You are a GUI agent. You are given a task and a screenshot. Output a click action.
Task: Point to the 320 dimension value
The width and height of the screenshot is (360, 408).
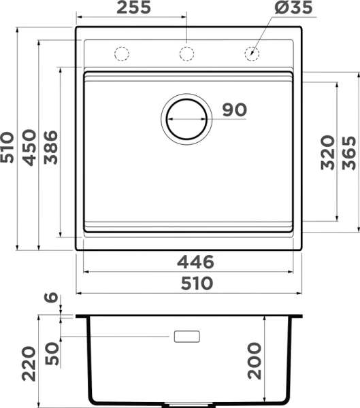coord(327,152)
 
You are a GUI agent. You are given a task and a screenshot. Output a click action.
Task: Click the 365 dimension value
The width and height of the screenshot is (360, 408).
coord(349,152)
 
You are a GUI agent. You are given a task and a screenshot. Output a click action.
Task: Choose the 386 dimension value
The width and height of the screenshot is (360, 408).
coord(52,147)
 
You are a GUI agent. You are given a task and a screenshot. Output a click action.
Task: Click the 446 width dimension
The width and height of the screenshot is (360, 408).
coord(195,262)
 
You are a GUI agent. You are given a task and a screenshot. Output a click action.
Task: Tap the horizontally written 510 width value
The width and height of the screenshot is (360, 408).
coord(195,283)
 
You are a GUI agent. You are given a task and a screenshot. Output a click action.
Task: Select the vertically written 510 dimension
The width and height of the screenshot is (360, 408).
coord(9,147)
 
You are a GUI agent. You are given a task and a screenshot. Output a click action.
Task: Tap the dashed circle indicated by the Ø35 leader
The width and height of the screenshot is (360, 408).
coord(252,52)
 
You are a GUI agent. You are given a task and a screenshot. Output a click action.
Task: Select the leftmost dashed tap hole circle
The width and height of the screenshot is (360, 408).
coord(121,52)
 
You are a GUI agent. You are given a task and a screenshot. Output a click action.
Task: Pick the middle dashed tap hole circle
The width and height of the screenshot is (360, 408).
coord(186,52)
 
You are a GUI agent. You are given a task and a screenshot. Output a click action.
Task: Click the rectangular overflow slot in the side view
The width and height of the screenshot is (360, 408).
coord(186,337)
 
